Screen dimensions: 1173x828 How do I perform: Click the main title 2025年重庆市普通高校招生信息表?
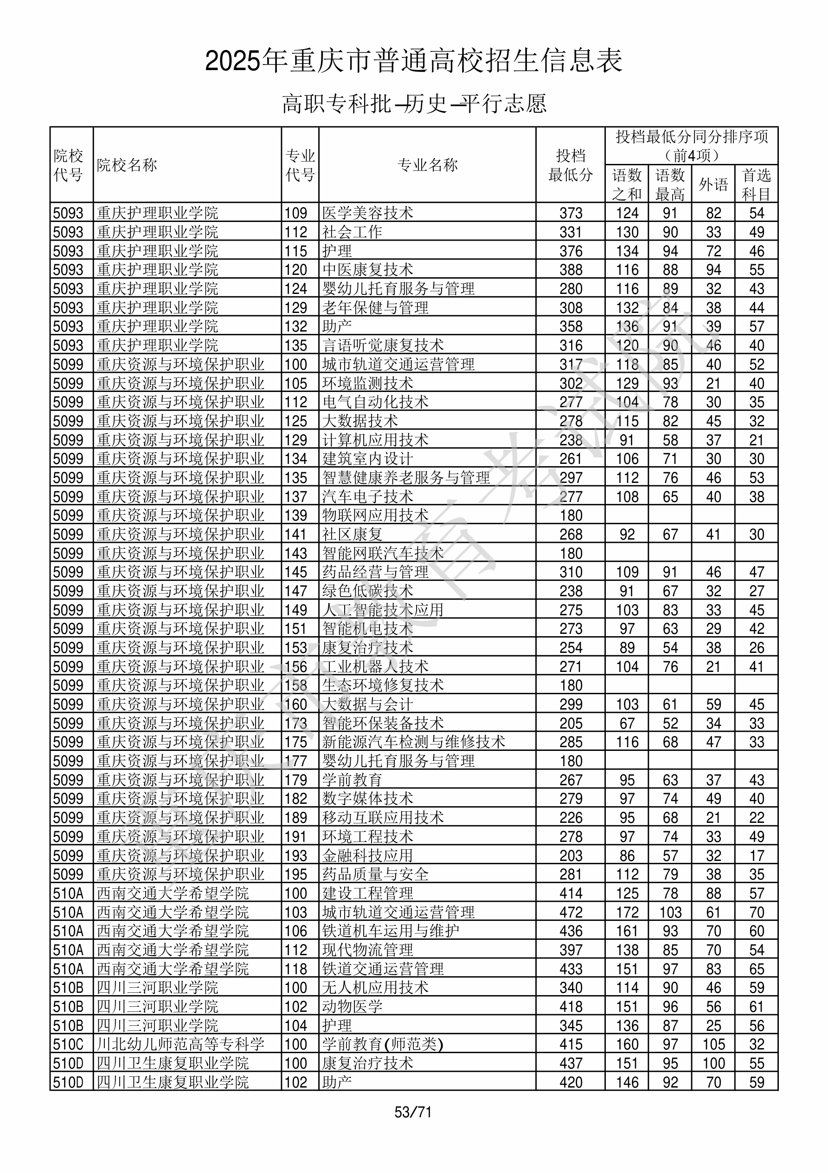coord(413,61)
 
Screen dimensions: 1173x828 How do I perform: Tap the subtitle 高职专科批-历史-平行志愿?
coord(413,103)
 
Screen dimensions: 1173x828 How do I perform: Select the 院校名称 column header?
coord(127,165)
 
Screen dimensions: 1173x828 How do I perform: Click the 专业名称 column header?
coord(427,165)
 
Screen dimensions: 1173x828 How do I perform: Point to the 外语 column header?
coord(713,184)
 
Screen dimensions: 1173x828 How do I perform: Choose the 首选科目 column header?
coord(756,184)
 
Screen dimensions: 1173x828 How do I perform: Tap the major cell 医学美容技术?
coord(367,213)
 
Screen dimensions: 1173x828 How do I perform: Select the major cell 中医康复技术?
coord(367,270)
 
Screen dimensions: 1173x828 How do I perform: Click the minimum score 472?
coord(571,912)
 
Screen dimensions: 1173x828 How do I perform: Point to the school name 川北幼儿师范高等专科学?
coord(180,1044)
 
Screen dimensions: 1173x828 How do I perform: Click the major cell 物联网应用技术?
coord(375,515)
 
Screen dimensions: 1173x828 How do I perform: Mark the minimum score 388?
coord(571,270)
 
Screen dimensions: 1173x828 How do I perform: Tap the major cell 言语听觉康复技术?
coord(383,345)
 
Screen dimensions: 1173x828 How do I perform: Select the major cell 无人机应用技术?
coord(375,988)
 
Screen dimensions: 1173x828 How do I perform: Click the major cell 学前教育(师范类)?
coord(382,1044)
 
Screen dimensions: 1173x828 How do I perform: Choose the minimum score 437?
coord(571,1063)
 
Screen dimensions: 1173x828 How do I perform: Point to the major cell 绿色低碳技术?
coord(367,591)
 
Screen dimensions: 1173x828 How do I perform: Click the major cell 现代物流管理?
coord(367,950)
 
